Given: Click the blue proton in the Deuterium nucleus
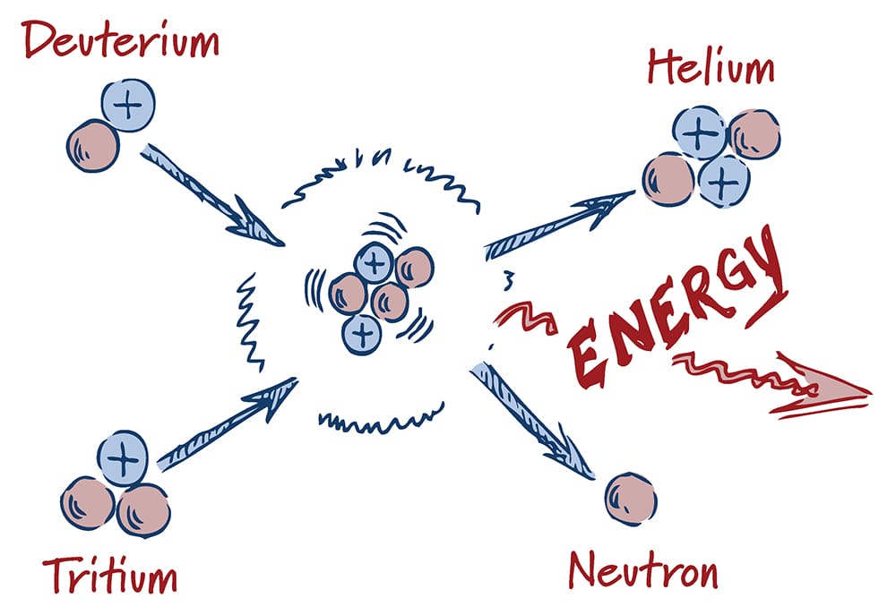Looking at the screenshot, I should coord(129,107).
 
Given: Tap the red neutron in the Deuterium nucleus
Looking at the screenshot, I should coord(92,146).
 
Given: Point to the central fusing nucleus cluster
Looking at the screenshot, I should coord(377,292).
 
